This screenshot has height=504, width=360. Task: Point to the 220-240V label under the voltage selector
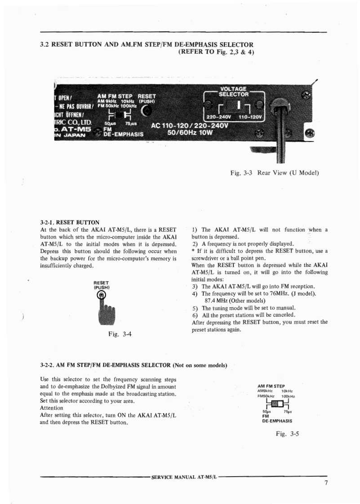point(218,117)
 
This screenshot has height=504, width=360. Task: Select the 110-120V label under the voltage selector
point(250,117)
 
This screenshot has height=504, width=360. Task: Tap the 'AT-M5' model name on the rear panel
point(74,129)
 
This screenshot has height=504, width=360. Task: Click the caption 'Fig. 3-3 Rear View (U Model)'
point(274,173)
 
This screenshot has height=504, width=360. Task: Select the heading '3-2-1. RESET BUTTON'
point(70,222)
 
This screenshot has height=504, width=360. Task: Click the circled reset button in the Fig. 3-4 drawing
point(102,295)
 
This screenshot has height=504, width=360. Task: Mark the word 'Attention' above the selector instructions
point(52,408)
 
